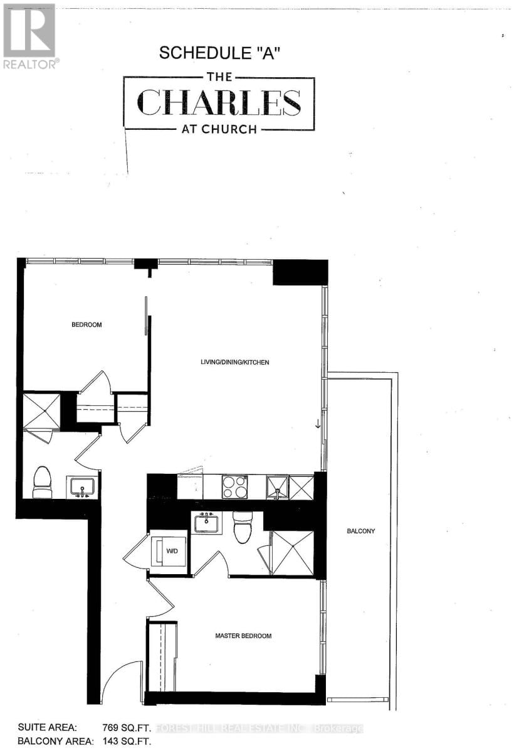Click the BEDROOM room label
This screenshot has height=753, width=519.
click(x=86, y=325)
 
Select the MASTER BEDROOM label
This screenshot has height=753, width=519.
click(x=243, y=636)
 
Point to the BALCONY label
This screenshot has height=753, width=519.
click(x=360, y=531)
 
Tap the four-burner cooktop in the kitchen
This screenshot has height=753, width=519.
click(x=234, y=487)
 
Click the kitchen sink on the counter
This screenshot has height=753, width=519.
click(x=276, y=488)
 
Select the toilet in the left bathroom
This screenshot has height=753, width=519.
click(x=43, y=482)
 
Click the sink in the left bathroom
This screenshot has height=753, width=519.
click(x=82, y=487)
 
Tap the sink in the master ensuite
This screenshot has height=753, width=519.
click(x=207, y=522)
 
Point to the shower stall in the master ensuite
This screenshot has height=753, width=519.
click(x=291, y=553)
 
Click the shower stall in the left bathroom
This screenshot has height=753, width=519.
click(x=41, y=411)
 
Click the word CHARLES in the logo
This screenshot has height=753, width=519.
click(x=218, y=102)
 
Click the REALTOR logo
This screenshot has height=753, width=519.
click(x=29, y=36)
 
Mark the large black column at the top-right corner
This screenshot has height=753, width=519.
click(x=300, y=272)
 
